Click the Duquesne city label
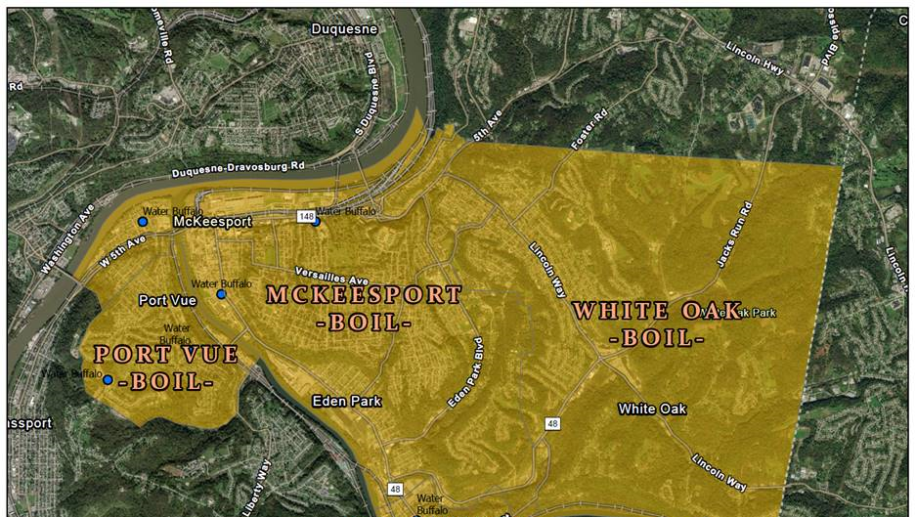[343, 29]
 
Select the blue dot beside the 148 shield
[316, 221]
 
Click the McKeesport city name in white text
[212, 223]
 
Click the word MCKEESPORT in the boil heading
[364, 295]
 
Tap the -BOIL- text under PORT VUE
[165, 382]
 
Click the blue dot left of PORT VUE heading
[108, 379]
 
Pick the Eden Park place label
[347, 401]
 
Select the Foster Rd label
[589, 130]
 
